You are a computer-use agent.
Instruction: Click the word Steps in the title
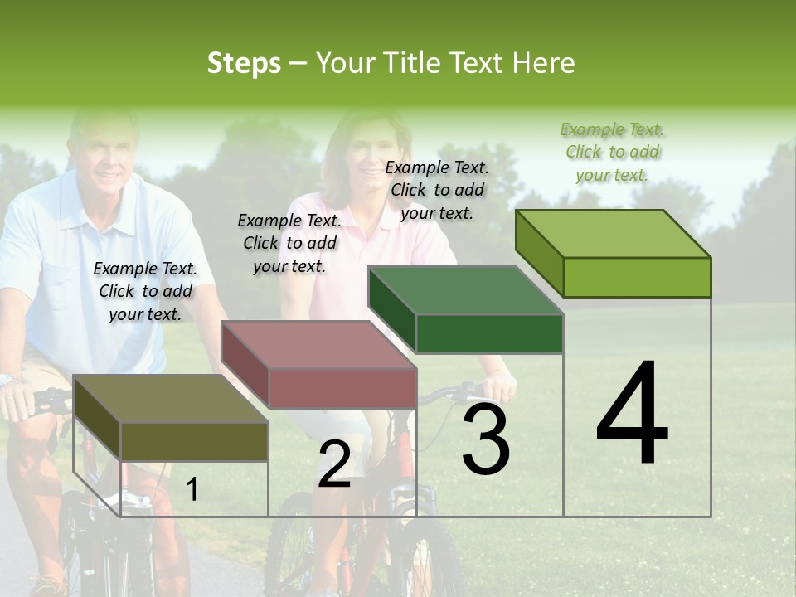(x=244, y=63)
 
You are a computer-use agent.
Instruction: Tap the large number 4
(x=632, y=415)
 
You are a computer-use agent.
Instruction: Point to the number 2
(x=334, y=464)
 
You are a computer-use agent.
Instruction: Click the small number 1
(x=192, y=489)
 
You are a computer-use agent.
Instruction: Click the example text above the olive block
(x=145, y=291)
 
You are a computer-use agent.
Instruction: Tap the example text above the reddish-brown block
(x=289, y=243)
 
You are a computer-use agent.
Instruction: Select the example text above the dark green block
(x=437, y=190)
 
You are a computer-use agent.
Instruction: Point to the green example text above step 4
(x=612, y=152)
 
